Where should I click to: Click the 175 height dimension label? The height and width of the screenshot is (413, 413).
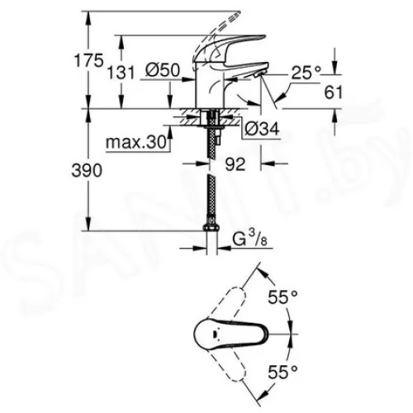coord(89,60)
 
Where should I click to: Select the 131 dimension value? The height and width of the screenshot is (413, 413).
coord(121,73)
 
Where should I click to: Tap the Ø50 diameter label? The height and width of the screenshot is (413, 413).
coord(163,70)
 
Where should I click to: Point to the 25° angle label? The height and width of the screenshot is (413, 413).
coord(306,73)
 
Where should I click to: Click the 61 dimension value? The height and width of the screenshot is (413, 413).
coord(334,92)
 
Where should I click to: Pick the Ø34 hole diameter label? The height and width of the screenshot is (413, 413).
coord(262,128)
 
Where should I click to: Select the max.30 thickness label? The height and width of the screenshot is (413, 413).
coord(136,142)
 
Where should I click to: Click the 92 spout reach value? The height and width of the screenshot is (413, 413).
coord(235,164)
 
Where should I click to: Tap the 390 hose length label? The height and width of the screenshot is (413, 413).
coord(87,170)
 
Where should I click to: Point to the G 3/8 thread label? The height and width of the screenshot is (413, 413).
coord(250,239)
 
